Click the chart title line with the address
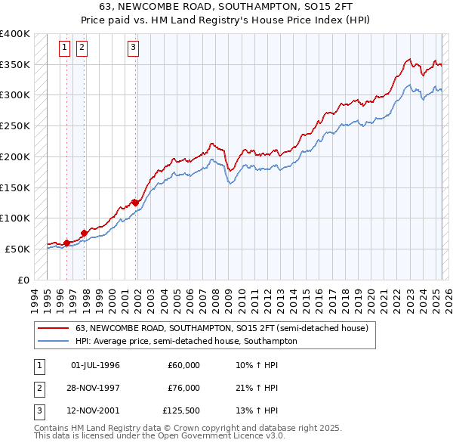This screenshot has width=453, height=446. click(226, 8)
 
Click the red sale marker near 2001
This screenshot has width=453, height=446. click(135, 202)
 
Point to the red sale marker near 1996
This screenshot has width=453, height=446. click(66, 243)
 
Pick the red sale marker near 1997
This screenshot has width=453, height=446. click(84, 233)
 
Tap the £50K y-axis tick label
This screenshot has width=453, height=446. click(18, 249)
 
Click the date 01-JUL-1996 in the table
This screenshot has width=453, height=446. click(95, 365)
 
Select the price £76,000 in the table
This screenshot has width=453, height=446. click(183, 388)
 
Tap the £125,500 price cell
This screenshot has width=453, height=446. click(181, 411)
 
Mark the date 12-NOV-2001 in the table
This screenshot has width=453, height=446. click(95, 411)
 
